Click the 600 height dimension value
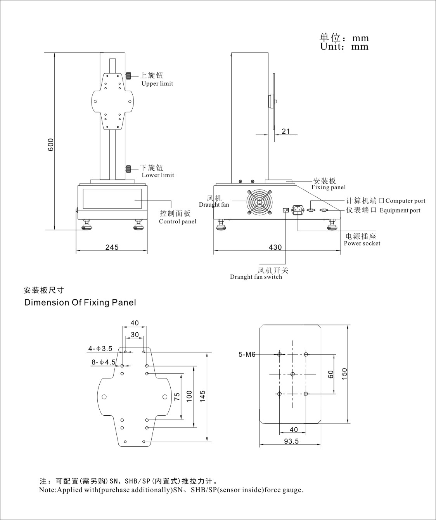[51, 144]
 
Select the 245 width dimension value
[112, 247]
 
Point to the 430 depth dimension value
[275, 247]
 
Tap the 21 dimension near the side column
[286, 131]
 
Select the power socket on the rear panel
[298, 210]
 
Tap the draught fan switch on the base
[285, 210]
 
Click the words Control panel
[178, 221]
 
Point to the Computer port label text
[405, 201]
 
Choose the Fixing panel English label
[328, 187]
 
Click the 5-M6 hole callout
[247, 354]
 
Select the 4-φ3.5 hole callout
[100, 349]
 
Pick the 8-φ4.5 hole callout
[104, 362]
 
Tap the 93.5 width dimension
[291, 441]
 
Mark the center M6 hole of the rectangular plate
[293, 374]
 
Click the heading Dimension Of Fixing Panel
[80, 302]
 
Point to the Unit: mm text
[344, 47]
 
